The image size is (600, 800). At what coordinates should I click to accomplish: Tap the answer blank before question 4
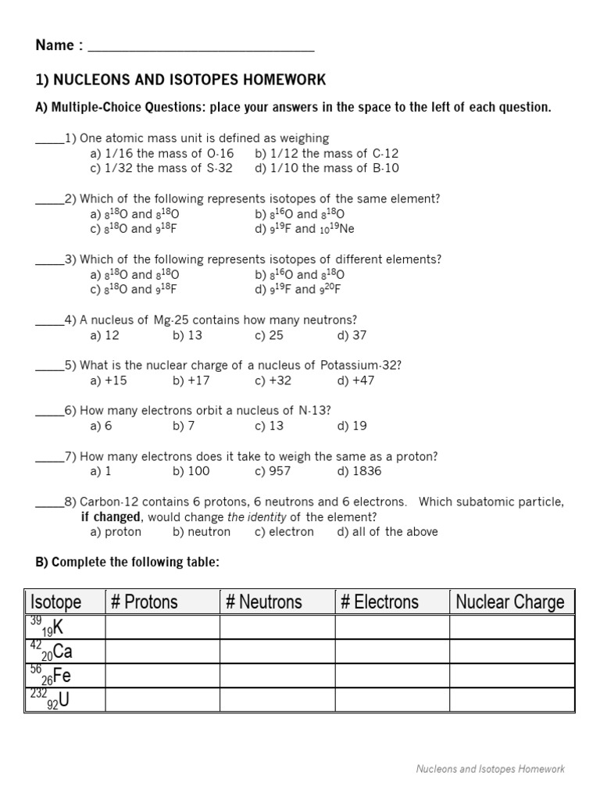[x=49, y=320]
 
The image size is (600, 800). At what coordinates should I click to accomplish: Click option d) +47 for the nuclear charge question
[x=355, y=380]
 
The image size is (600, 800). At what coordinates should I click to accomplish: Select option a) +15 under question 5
[x=108, y=380]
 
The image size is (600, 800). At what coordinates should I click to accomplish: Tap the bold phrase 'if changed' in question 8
[x=111, y=517]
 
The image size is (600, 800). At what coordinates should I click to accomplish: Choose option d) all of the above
[x=387, y=532]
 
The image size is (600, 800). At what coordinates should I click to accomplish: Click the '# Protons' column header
[x=144, y=602]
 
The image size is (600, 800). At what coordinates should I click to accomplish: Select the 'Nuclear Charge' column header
[x=509, y=602]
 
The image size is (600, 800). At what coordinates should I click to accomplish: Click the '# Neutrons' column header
[x=263, y=602]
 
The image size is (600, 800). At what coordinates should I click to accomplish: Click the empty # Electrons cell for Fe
[x=392, y=676]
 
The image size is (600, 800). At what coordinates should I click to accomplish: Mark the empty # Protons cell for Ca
[x=162, y=652]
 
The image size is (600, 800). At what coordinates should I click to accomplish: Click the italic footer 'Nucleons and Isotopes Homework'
[x=490, y=770]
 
